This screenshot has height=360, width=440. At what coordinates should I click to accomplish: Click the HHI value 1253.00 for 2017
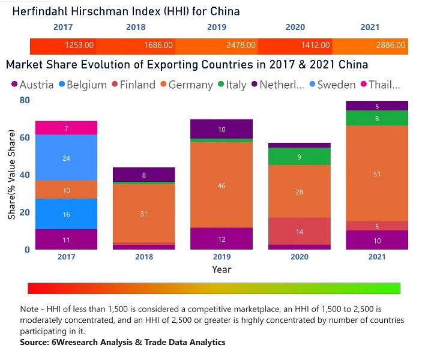[x=79, y=45]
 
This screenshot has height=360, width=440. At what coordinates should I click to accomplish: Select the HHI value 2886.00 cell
[x=390, y=45]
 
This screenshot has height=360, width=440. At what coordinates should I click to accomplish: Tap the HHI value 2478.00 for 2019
[x=241, y=45]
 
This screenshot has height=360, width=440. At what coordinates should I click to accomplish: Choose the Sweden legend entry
[x=331, y=85]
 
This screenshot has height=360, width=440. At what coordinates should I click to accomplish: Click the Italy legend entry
[x=231, y=85]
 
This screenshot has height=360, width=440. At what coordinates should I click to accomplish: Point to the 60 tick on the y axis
[x=24, y=137]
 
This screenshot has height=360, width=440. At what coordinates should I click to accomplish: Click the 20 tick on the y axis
[x=24, y=212]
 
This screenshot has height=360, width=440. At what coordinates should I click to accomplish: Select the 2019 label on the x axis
[x=221, y=257]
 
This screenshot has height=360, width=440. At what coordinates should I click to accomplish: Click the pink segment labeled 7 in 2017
[x=66, y=128]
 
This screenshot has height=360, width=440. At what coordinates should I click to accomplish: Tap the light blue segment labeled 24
[x=66, y=158]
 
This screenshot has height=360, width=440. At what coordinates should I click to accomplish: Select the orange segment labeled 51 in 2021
[x=377, y=173]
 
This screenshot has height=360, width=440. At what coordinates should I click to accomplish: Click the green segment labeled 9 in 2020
[x=299, y=157]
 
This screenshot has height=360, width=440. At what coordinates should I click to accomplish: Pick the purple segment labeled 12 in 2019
[x=221, y=239]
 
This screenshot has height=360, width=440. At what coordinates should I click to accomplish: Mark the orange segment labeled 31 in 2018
[x=143, y=213]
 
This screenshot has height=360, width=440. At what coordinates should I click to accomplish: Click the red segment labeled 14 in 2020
[x=299, y=231]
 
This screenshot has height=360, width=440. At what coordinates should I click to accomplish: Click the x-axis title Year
[x=221, y=270]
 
